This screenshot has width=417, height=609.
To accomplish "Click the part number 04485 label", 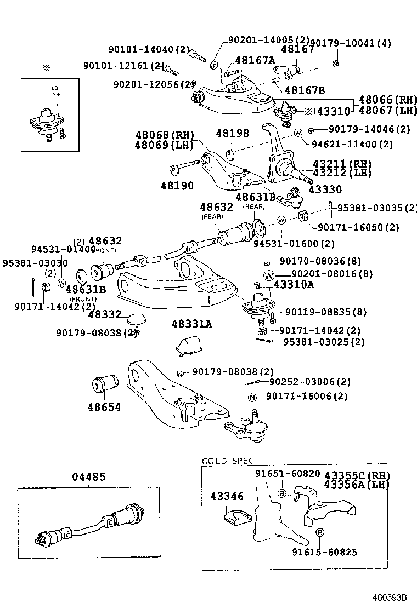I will [88, 477].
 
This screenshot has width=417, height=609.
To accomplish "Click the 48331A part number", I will [190, 324].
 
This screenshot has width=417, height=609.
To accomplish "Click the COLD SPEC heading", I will [228, 461].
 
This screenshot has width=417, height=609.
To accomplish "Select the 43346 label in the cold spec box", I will [227, 496].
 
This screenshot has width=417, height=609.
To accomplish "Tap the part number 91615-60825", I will [324, 552].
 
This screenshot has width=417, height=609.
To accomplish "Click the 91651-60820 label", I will [287, 473].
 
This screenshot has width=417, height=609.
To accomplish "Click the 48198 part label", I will [232, 133].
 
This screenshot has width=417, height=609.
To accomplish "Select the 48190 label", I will [177, 186].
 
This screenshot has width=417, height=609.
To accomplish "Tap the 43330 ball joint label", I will [325, 189].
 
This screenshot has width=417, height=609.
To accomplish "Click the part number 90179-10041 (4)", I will [351, 43].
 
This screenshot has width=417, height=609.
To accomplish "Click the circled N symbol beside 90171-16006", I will [252, 397].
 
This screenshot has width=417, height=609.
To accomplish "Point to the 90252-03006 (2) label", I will [309, 382].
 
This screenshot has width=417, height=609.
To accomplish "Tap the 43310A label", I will [294, 285].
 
